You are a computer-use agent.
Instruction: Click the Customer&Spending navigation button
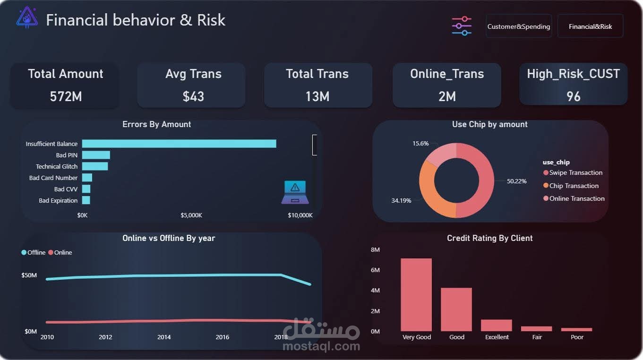coord(518,26)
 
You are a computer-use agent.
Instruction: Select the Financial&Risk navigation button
coord(590,26)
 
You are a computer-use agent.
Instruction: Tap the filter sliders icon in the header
coord(462,26)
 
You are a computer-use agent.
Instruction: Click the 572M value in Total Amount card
coord(66,96)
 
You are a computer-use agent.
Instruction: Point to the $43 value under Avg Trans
coord(193,96)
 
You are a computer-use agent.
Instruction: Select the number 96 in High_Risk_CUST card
coord(573,96)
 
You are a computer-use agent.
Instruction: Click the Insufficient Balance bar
coord(179,144)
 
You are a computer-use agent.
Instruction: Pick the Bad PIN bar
coord(96,155)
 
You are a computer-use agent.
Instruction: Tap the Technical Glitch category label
coord(57,166)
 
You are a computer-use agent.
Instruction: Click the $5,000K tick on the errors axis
coord(191,215)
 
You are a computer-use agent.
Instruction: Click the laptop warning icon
coord(295,192)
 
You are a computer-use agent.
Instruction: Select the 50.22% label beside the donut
coord(516,181)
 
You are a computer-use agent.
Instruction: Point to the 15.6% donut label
coord(407,143)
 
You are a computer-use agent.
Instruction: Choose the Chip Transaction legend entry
coord(574,186)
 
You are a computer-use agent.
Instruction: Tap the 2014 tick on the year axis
coord(164,337)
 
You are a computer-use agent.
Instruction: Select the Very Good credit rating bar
coord(416,295)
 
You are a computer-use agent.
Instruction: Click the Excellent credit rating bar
coord(497,325)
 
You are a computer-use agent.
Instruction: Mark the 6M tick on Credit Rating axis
coord(375,270)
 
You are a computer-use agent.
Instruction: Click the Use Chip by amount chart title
coord(489,124)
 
